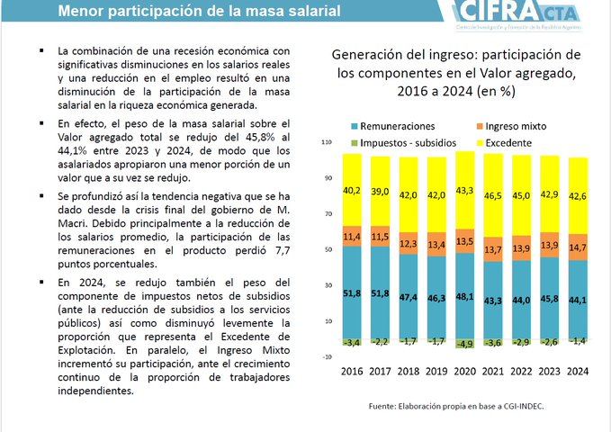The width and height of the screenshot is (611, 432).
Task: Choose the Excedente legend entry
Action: (509, 142)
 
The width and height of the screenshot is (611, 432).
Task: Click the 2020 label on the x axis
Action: (465, 371)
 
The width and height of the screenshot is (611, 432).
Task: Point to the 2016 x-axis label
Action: (352, 371)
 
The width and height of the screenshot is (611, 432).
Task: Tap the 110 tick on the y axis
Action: (327, 142)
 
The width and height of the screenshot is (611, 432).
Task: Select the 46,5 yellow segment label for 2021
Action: (494, 194)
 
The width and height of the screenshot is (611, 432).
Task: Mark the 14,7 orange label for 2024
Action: (579, 246)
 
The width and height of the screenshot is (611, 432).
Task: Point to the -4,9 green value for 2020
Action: (465, 343)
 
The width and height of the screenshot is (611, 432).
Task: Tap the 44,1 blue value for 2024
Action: (579, 300)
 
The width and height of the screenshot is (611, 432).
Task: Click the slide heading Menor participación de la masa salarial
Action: (199, 13)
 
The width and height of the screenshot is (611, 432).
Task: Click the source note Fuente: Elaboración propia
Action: (456, 407)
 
